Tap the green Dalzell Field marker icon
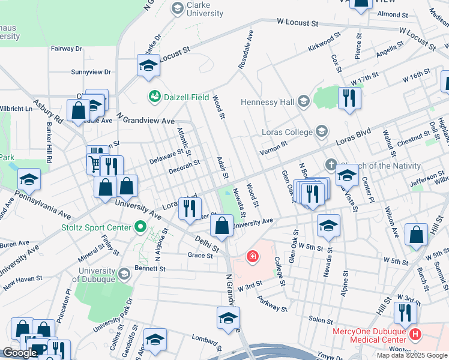(154, 96)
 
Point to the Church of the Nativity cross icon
(330, 164)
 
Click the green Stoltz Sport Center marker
(140, 227)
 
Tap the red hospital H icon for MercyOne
(414, 333)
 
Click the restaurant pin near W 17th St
(349, 98)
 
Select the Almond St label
(393, 14)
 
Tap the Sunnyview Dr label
(91, 72)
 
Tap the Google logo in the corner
(20, 353)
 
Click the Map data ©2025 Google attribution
(411, 355)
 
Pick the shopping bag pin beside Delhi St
(221, 227)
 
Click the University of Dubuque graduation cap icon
(124, 274)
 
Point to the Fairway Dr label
(66, 49)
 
